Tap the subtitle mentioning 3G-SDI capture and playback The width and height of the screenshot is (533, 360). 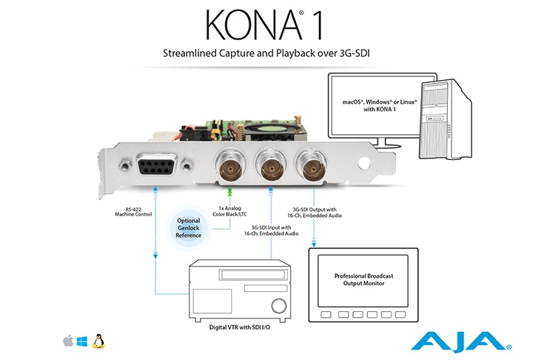[x=266, y=54]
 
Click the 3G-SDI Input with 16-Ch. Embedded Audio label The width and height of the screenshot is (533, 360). [x=270, y=232]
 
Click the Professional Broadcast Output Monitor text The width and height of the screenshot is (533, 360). [x=363, y=279]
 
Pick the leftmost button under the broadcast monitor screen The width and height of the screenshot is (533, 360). [x=324, y=314]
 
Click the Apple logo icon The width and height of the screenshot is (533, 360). [x=69, y=341]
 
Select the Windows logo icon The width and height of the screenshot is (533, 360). [x=82, y=341]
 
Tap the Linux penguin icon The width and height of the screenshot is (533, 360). [x=97, y=341]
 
